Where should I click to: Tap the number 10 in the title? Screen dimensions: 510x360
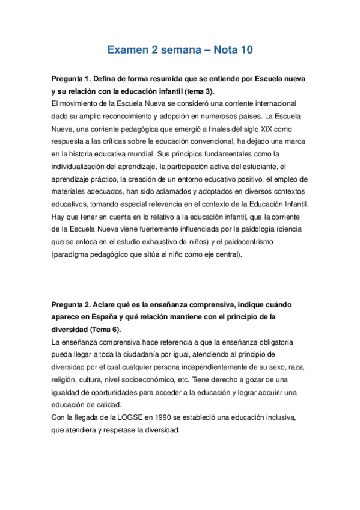243,51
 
